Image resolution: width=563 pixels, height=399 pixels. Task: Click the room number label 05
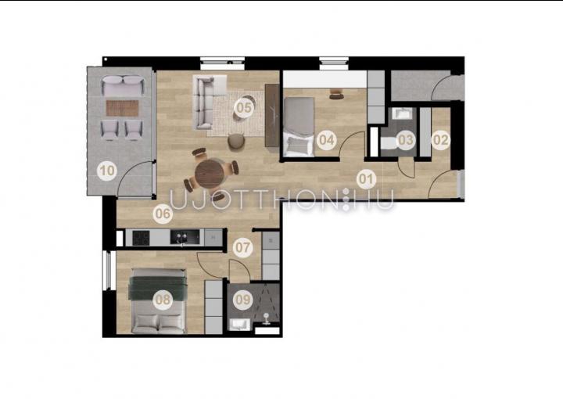pos(244,107)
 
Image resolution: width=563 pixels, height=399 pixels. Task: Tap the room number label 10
pos(107,171)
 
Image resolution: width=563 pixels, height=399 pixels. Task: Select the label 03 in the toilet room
pos(406,139)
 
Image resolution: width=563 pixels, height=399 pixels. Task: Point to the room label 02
pos(440,139)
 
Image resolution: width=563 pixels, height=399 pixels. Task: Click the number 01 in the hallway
pos(366,178)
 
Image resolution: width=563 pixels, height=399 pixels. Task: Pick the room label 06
pos(163,214)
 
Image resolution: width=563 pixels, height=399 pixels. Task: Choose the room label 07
pos(242,247)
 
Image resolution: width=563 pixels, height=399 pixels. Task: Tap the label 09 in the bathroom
pos(242,300)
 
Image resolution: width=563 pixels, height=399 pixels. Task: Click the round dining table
pos(210,174)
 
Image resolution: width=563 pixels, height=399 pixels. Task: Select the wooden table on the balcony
pos(123,108)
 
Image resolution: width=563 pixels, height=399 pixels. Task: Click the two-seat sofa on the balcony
pos(123,85)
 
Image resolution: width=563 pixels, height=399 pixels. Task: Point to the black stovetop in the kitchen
pos(141,238)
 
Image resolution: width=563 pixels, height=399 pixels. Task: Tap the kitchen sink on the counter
pos(185,237)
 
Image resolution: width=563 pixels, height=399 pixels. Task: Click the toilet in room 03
pos(389,143)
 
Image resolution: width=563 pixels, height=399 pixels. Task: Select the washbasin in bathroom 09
pos(238,325)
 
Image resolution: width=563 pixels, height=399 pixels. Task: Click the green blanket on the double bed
pos(158,287)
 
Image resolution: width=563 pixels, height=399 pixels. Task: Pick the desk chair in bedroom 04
pos(336,94)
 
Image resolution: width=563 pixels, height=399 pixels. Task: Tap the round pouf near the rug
pos(236,141)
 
